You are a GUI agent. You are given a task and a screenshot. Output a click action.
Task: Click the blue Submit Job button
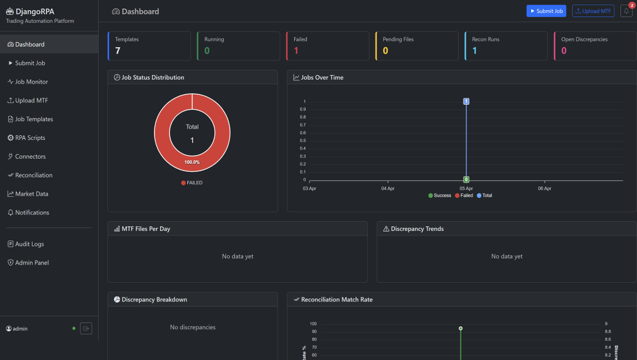[x=546, y=11]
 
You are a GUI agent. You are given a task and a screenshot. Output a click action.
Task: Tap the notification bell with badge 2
[x=626, y=11]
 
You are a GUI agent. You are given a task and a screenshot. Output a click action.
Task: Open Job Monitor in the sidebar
[x=32, y=82]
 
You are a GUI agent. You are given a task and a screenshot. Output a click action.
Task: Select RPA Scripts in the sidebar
[x=30, y=138]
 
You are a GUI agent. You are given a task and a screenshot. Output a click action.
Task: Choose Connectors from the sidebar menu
[x=30, y=157]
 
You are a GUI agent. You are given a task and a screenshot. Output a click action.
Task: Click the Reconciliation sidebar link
[x=34, y=176]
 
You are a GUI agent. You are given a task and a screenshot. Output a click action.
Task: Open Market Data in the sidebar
[x=32, y=194]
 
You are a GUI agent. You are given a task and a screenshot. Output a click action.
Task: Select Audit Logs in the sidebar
[x=29, y=244]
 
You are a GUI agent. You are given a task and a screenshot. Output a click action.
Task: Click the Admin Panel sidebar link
[x=32, y=263]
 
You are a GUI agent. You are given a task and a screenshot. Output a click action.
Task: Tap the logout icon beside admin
[x=86, y=328]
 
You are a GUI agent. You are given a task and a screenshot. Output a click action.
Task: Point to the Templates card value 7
[x=117, y=51]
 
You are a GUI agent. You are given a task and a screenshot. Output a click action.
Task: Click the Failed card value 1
[x=296, y=51]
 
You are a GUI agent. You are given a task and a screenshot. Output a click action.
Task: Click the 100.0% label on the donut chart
[x=192, y=162]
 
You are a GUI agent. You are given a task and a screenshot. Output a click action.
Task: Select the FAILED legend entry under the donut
[x=192, y=183]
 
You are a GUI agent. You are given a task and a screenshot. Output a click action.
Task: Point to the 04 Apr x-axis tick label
[x=388, y=189]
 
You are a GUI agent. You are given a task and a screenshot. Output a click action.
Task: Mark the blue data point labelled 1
[x=466, y=101]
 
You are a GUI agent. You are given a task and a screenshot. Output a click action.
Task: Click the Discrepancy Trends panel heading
[x=417, y=229]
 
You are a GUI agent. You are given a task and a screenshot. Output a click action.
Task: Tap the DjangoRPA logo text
[x=34, y=11]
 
